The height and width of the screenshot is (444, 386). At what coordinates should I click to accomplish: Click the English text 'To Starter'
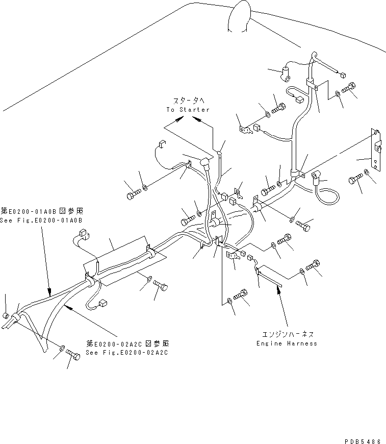188,110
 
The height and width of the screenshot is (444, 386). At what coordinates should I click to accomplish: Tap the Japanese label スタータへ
188,102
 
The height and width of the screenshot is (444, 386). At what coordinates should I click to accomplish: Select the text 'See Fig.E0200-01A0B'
41,220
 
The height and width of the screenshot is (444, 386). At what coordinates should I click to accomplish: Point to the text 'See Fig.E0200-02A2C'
127,353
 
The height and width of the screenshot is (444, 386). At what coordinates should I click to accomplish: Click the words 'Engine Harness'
287,343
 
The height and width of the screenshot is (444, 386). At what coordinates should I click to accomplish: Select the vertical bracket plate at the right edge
375,152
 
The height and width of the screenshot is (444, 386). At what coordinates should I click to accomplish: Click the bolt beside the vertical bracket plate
355,179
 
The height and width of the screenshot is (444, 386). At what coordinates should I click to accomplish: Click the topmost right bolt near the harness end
350,88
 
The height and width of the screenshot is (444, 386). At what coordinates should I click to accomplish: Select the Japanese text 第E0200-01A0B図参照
41,211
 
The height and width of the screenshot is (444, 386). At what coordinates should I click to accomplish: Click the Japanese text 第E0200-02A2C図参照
127,343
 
